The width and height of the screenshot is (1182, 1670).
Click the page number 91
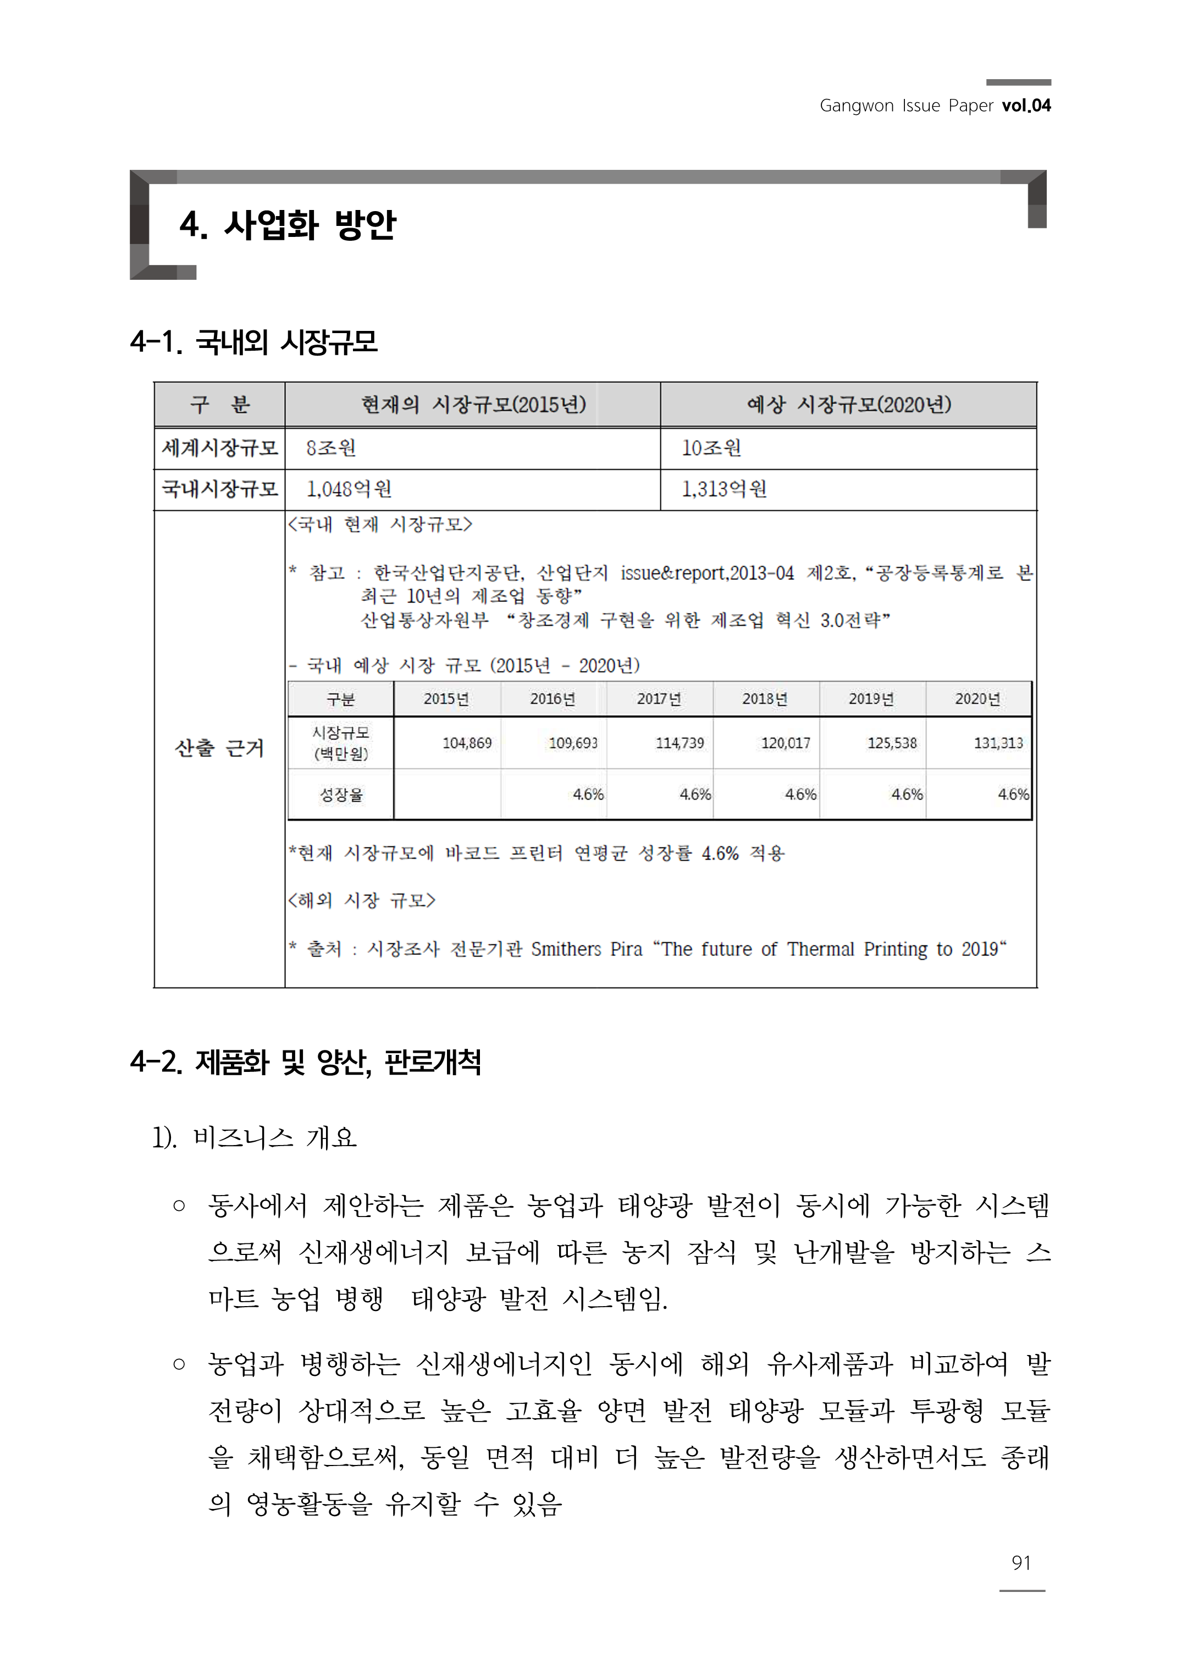tap(1020, 1562)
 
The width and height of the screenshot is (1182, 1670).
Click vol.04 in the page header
tap(1025, 106)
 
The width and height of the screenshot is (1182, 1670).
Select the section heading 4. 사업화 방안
tap(288, 225)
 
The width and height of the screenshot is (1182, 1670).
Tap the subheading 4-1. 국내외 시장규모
tap(254, 342)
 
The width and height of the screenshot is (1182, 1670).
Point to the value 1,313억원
tap(724, 489)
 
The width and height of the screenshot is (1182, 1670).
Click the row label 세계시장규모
tap(219, 448)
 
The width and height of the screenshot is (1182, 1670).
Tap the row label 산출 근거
tap(219, 748)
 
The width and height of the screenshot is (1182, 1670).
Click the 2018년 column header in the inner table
tap(765, 699)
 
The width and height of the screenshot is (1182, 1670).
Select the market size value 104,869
tap(467, 743)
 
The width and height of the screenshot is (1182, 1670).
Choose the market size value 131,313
tap(998, 743)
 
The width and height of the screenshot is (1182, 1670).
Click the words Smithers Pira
tap(587, 949)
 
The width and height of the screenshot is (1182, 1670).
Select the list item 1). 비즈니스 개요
tap(255, 1137)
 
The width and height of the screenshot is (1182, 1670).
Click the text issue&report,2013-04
tap(706, 573)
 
